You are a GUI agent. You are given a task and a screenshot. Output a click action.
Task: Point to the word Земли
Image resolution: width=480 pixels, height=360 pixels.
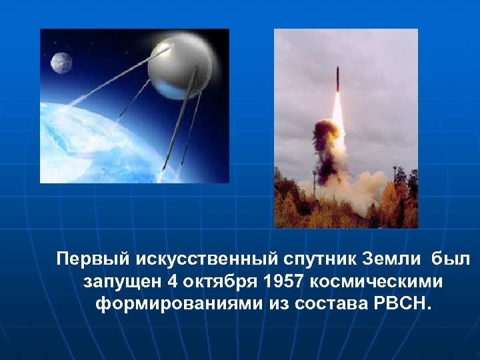387,258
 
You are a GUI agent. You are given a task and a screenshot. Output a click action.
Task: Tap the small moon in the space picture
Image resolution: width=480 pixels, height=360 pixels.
61,63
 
